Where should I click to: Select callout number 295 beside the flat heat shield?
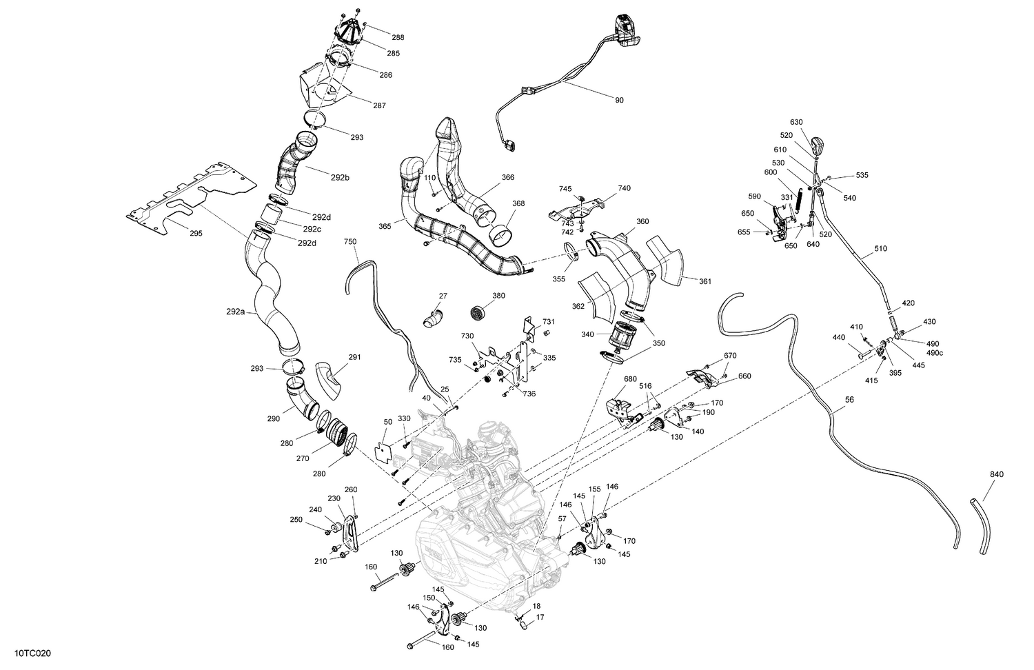point(195,234)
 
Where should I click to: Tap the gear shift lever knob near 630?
point(818,146)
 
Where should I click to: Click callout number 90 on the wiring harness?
point(619,101)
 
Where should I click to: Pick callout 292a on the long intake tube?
point(235,312)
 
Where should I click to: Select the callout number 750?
point(350,242)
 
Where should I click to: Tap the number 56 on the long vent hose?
point(849,399)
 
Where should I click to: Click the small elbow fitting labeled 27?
point(433,319)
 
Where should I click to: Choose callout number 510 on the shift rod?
point(880,249)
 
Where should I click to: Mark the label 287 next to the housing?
point(379,106)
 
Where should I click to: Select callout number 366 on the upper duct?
point(507,178)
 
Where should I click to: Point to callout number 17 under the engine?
point(540,618)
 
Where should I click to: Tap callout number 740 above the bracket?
point(625,188)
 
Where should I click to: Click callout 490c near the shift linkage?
point(935,353)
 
